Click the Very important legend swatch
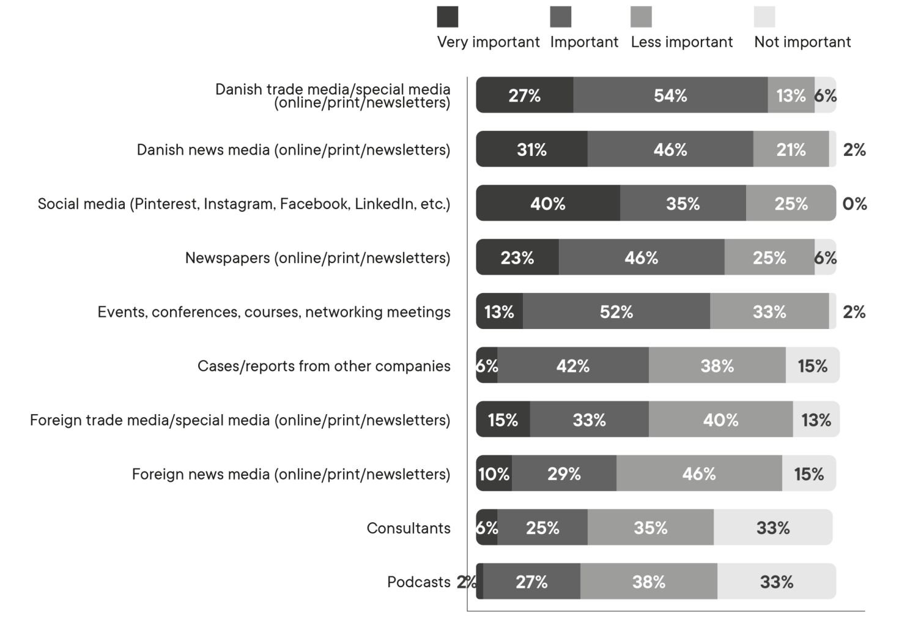tap(448, 17)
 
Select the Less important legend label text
tap(682, 42)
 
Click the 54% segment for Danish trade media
tap(670, 95)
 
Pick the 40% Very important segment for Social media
tap(547, 204)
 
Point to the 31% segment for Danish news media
tap(531, 150)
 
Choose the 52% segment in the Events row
tap(616, 312)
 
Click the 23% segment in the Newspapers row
tap(517, 258)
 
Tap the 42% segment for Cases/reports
tap(573, 366)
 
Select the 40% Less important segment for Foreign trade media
tap(720, 420)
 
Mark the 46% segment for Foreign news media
tap(698, 474)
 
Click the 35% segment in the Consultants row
tap(650, 528)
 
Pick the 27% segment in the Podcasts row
tap(531, 582)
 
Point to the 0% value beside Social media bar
tap(854, 204)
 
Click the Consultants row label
tap(409, 528)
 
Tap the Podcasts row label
tap(419, 582)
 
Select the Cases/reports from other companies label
tap(324, 366)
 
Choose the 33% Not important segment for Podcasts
tap(777, 582)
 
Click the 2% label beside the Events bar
tap(854, 312)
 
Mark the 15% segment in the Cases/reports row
tap(812, 366)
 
